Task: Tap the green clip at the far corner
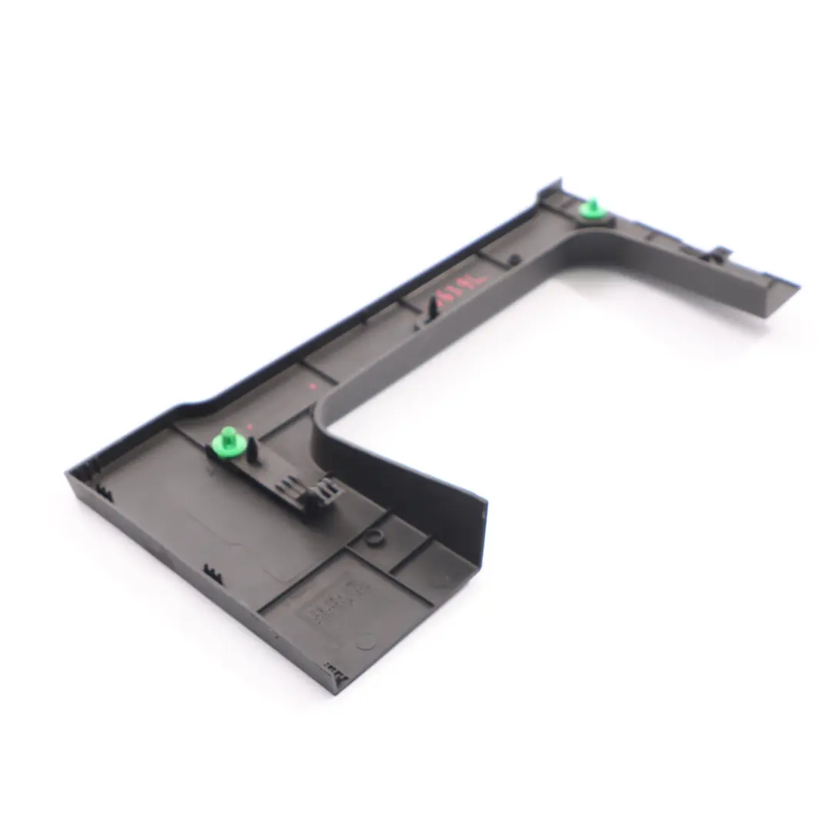point(592,208)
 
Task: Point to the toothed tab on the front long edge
point(212,573)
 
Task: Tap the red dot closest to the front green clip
point(251,426)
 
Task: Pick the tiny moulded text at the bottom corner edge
point(335,671)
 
